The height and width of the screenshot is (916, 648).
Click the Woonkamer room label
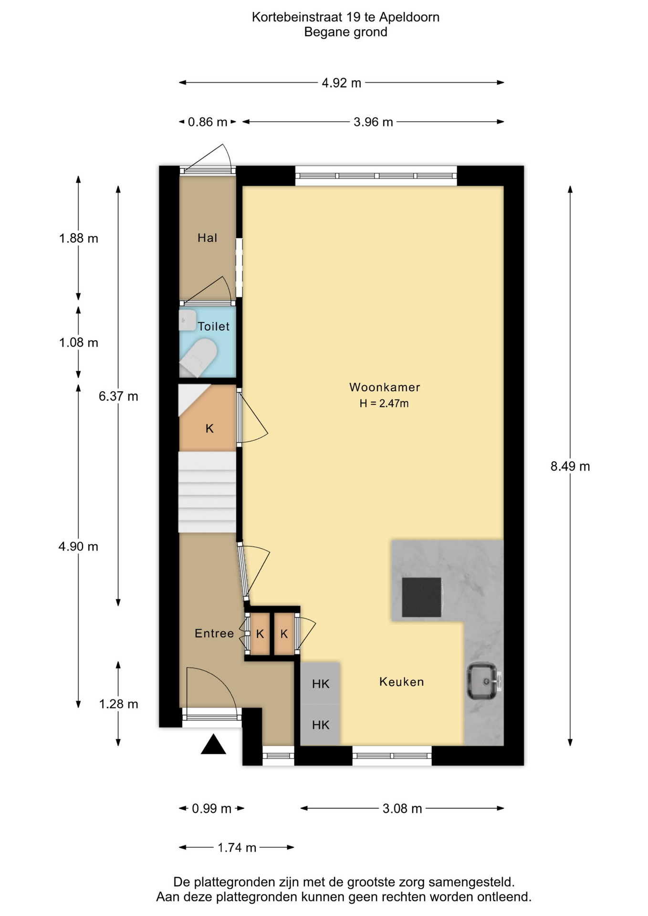click(x=385, y=387)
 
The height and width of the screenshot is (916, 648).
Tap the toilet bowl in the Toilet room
click(x=198, y=358)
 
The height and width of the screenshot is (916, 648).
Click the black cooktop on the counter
click(x=422, y=597)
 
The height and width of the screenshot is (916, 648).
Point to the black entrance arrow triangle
click(x=213, y=744)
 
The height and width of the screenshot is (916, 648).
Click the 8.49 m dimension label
click(x=570, y=466)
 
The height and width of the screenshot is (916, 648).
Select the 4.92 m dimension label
click(x=341, y=83)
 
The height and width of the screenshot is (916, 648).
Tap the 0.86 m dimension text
click(x=207, y=122)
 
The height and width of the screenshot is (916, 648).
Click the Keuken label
click(x=402, y=682)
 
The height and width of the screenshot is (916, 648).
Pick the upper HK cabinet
click(x=320, y=683)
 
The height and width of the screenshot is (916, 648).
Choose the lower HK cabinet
click(x=320, y=725)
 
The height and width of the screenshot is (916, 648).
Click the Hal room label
click(x=208, y=238)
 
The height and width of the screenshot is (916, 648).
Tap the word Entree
click(x=214, y=633)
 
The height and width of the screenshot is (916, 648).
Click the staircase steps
click(x=207, y=492)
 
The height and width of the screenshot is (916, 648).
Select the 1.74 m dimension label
click(x=237, y=847)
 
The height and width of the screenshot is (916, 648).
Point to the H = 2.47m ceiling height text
click(x=384, y=404)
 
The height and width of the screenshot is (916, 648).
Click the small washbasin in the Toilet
click(x=188, y=320)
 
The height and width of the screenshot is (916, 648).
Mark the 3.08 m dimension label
click(x=402, y=809)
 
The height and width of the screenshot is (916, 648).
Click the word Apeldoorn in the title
click(x=409, y=18)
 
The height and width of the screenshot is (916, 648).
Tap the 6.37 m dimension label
click(x=118, y=396)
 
